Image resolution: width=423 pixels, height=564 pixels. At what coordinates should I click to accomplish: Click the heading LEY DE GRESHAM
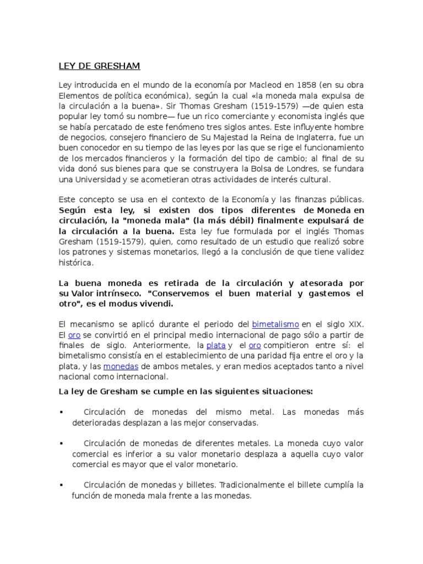click(99, 67)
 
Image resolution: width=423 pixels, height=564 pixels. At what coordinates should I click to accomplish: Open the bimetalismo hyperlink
click(275, 324)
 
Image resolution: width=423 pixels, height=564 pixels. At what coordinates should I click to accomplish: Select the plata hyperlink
click(216, 345)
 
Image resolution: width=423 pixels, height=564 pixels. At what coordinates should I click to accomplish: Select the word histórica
click(75, 263)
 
